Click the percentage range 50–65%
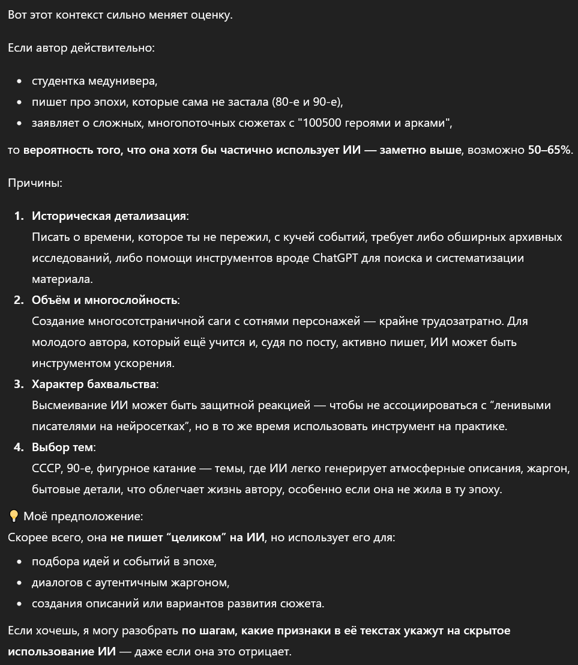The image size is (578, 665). coord(549,150)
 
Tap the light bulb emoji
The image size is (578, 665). coord(14,516)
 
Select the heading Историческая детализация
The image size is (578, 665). coord(109,216)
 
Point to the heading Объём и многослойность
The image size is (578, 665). coord(105,300)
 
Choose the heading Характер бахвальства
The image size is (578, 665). coord(94,384)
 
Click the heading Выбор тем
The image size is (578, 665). coord(63,448)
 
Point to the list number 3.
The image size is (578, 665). coord(19,384)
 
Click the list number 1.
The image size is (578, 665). coord(19,216)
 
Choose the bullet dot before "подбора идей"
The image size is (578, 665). coord(20,562)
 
